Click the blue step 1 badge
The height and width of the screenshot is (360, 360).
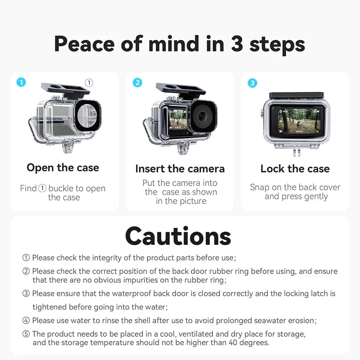click(21, 82)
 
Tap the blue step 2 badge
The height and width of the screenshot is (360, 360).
click(137, 82)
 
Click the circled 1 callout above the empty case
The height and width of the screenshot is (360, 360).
click(89, 83)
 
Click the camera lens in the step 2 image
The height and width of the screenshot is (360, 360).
click(202, 116)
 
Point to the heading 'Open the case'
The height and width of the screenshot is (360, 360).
click(63, 167)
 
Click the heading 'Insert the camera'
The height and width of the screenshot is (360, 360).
click(180, 168)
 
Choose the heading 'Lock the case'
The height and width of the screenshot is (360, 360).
click(295, 168)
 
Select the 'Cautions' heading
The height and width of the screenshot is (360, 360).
click(178, 236)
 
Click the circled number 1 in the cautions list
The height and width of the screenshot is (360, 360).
click(26, 258)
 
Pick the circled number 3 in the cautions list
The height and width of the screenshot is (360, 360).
click(26, 293)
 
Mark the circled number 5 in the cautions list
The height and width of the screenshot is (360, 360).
click(26, 334)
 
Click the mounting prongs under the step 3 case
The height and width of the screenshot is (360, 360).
click(296, 152)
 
